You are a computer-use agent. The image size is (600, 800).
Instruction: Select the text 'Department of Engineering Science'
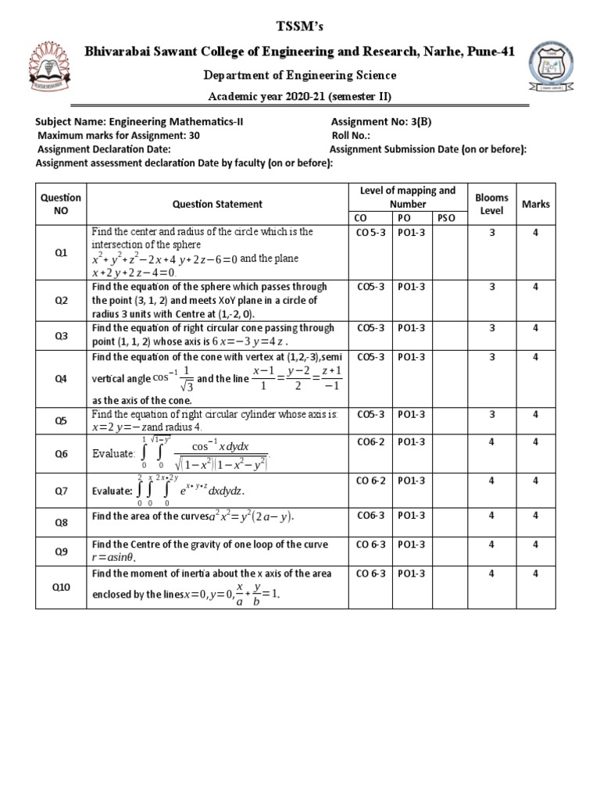[300, 76]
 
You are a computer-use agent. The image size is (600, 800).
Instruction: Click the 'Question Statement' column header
[218, 204]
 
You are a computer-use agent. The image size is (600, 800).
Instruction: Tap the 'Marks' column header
[536, 204]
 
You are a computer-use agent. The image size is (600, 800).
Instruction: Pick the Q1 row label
[61, 253]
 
